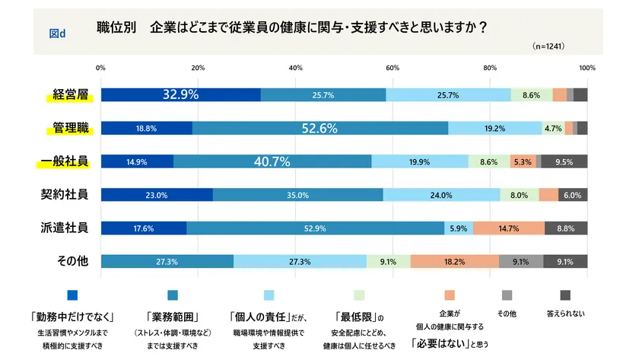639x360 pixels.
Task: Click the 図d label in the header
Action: (x=57, y=33)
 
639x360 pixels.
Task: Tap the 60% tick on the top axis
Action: (x=393, y=68)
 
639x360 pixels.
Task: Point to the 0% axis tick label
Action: (x=101, y=68)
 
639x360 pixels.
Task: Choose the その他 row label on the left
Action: (x=73, y=260)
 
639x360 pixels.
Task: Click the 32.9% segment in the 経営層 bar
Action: (x=180, y=94)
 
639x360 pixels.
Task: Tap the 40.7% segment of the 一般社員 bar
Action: (x=272, y=161)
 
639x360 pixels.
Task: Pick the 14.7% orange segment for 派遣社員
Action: (x=509, y=228)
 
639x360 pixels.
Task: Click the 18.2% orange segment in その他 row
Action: (x=455, y=261)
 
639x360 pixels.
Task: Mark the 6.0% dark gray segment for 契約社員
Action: (x=573, y=194)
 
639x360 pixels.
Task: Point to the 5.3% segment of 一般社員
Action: (x=523, y=161)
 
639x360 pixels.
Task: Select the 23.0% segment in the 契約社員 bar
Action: (x=157, y=194)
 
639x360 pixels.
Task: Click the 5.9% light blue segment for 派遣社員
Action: (x=459, y=228)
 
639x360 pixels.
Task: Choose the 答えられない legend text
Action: (x=565, y=313)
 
